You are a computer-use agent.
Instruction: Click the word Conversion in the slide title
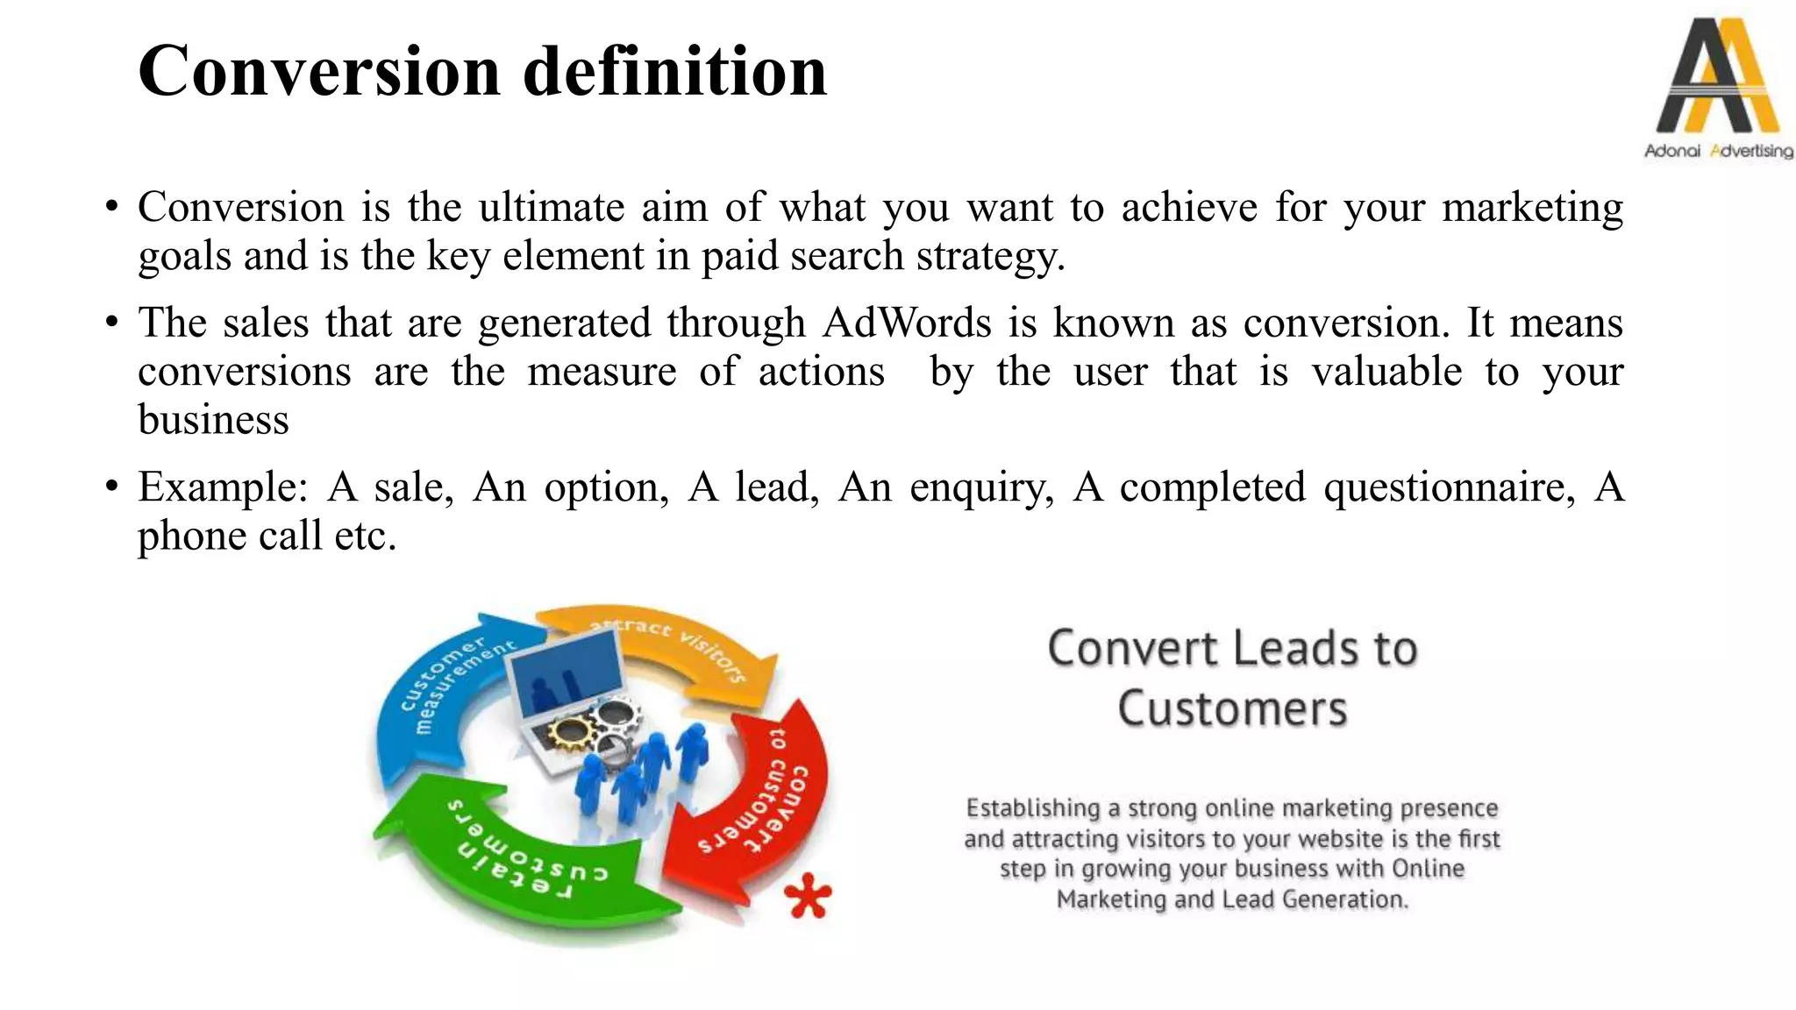click(318, 72)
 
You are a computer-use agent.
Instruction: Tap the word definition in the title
click(674, 72)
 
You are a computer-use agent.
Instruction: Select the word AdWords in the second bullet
click(907, 323)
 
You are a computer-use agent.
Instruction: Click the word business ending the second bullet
click(213, 420)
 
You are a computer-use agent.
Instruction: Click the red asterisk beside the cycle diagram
click(807, 896)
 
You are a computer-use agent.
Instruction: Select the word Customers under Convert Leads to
click(1232, 709)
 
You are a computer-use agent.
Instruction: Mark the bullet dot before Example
click(110, 486)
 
